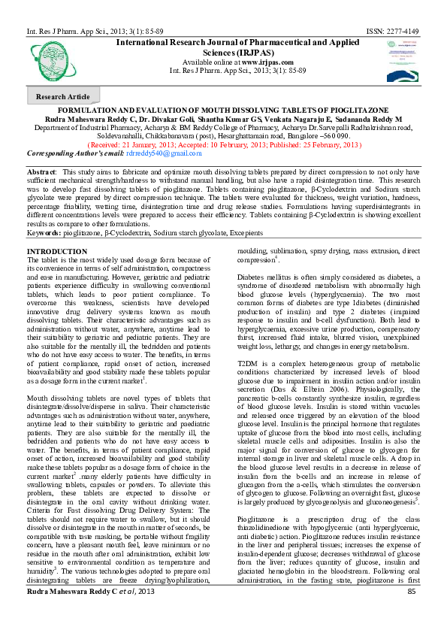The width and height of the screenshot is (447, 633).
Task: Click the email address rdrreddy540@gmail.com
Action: [x=164, y=153]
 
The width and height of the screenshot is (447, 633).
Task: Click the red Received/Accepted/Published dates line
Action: [x=224, y=144]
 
